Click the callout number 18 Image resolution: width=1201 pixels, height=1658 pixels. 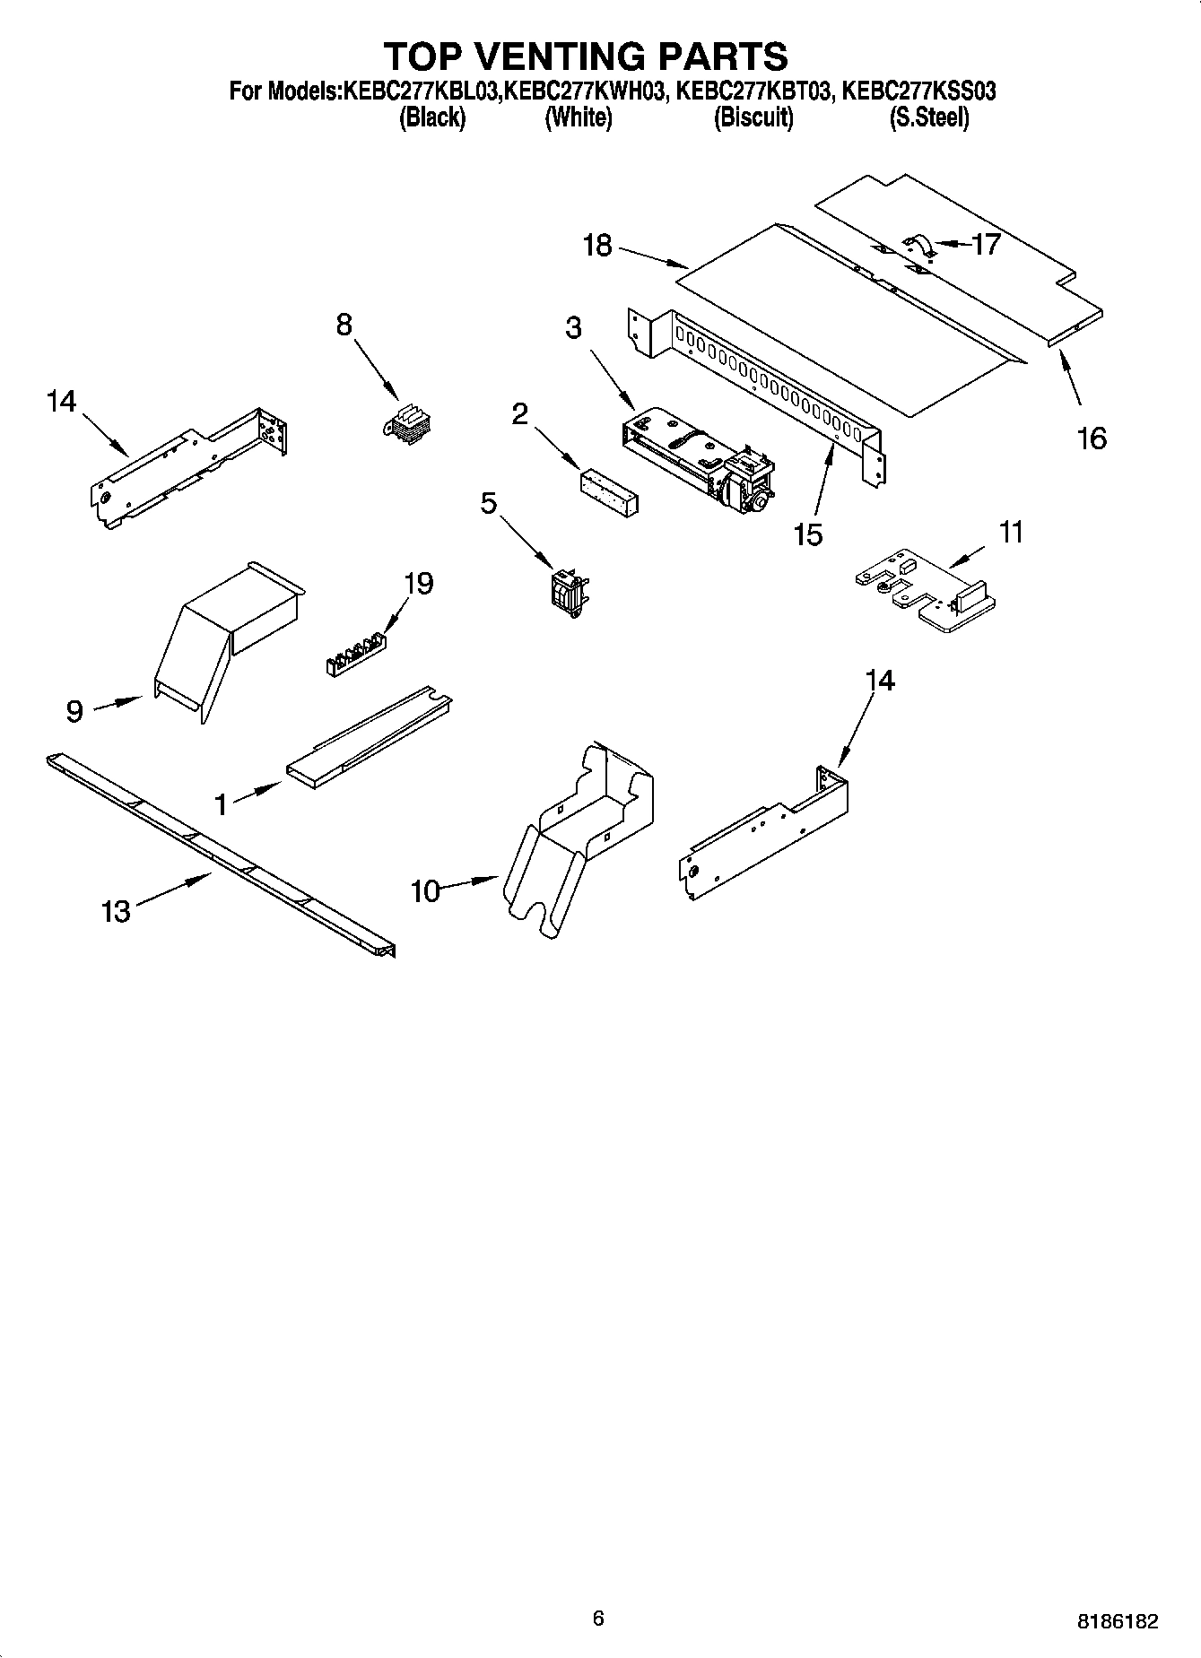coord(596,245)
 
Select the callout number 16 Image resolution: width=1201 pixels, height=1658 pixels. coord(1092,438)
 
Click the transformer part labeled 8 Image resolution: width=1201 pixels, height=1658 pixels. coord(408,423)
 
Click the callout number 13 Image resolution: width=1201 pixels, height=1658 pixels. coord(117,912)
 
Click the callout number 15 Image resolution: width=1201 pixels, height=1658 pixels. coord(807,535)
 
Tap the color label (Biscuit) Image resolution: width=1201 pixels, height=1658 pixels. coord(753,117)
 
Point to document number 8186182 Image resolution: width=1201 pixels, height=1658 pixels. coord(1118,1620)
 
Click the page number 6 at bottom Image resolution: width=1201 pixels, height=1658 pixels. coord(598,1618)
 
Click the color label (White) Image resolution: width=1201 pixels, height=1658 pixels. coord(579,117)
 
